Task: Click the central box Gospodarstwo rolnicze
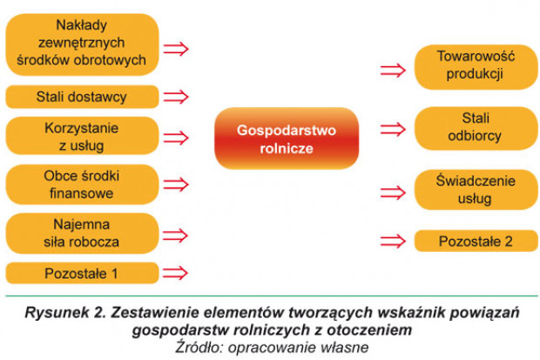[287, 139]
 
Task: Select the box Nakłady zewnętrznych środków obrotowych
[83, 44]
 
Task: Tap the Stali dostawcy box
[83, 97]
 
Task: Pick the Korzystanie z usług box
[83, 136]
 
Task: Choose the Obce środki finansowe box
[83, 185]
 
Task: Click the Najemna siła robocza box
[83, 233]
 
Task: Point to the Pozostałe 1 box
[83, 273]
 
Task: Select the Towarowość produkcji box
[476, 67]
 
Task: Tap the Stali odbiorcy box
[476, 128]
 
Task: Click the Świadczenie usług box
[476, 190]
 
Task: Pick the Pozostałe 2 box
[476, 241]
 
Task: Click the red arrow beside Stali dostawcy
[176, 97]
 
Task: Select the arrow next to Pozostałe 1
[176, 273]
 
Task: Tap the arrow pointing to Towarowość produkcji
[393, 71]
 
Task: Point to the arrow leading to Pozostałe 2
[393, 241]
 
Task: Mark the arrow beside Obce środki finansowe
[176, 185]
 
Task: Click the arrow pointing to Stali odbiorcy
[393, 130]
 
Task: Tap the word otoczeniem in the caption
[369, 330]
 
